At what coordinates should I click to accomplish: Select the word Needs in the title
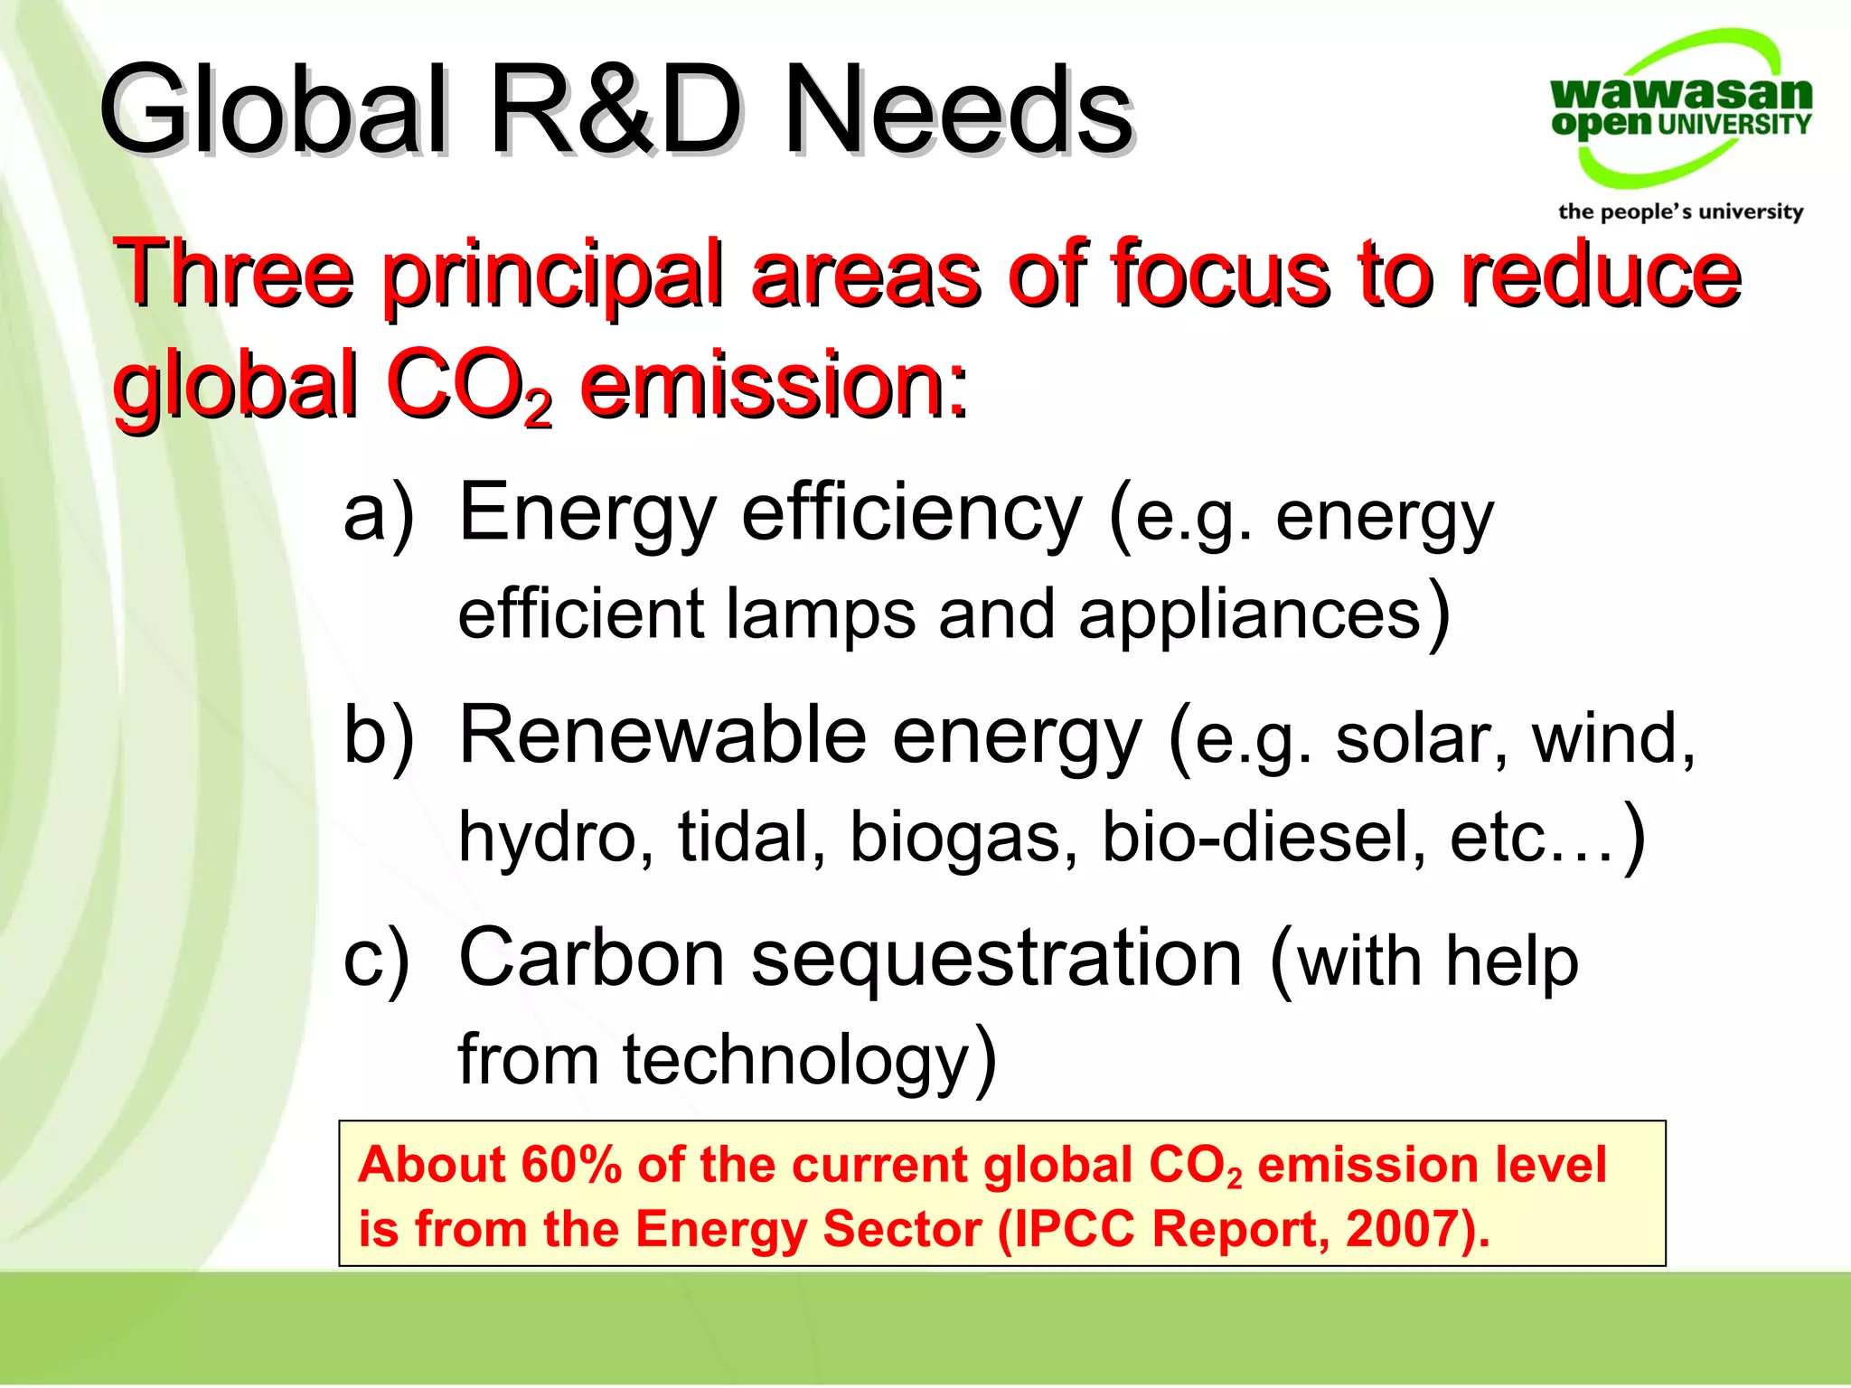pyautogui.click(x=958, y=110)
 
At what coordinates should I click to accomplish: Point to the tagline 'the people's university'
pyautogui.click(x=1680, y=211)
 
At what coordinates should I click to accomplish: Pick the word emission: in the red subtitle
pyautogui.click(x=774, y=387)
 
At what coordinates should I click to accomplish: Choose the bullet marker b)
pyautogui.click(x=379, y=735)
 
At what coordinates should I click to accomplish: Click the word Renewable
pyautogui.click(x=663, y=735)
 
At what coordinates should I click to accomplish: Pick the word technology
pyautogui.click(x=795, y=1060)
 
